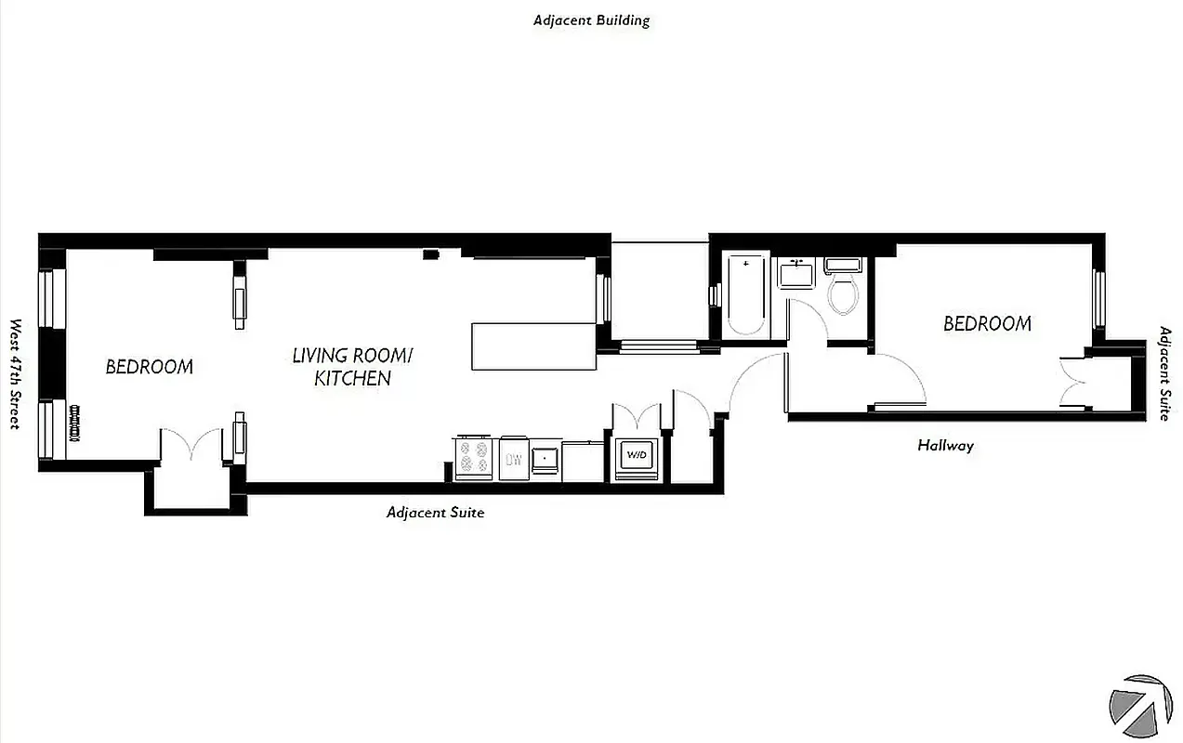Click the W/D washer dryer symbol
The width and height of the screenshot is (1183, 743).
(x=637, y=456)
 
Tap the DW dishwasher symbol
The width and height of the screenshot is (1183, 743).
(x=513, y=459)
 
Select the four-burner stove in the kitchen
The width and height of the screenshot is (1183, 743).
(x=474, y=458)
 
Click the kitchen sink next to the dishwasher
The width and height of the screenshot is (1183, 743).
(x=545, y=459)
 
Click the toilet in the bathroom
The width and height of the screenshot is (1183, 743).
(x=844, y=290)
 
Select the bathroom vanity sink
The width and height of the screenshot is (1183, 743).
(x=796, y=275)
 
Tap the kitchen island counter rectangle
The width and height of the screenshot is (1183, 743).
(x=533, y=346)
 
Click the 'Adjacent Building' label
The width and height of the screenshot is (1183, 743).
(x=591, y=20)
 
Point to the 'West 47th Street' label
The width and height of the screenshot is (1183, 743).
(x=15, y=374)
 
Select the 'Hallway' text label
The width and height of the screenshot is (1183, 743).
(x=945, y=446)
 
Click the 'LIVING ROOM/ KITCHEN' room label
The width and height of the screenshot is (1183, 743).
(x=352, y=367)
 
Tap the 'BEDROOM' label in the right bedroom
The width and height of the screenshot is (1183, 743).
(x=987, y=324)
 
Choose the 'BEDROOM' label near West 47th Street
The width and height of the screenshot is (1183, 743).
(x=149, y=367)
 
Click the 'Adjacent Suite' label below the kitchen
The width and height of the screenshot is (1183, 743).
(x=435, y=513)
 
